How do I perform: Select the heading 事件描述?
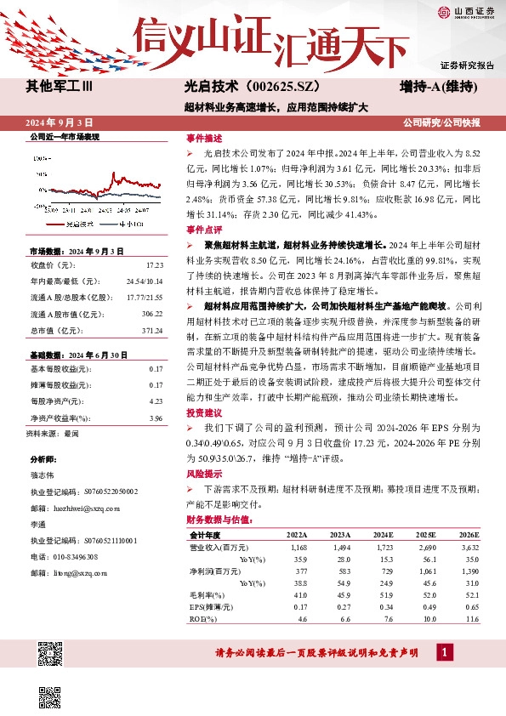point(203,138)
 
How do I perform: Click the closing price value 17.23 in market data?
point(154,266)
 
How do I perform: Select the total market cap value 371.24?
point(151,330)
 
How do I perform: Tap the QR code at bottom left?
point(51,656)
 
